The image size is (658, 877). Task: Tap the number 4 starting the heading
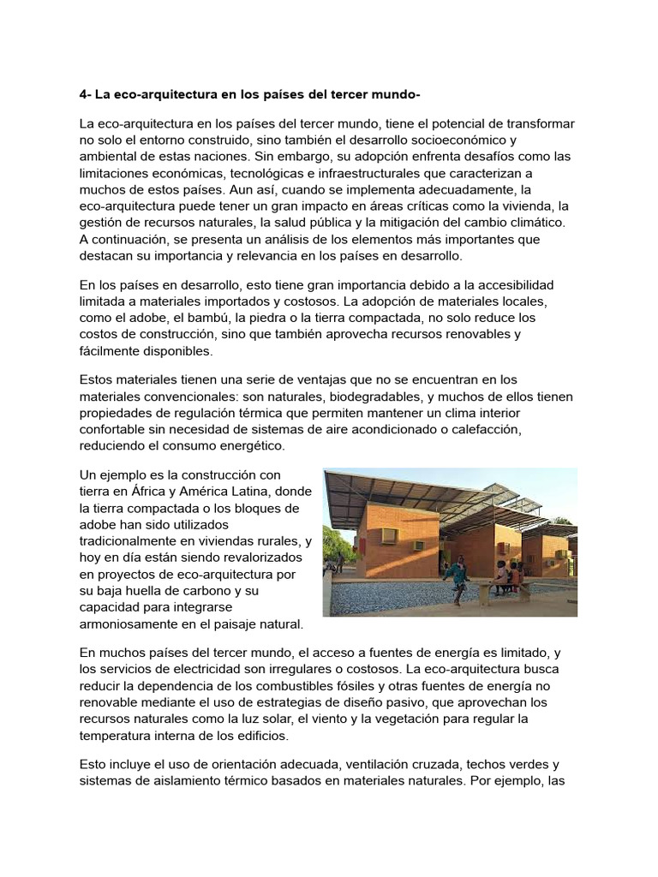pyautogui.click(x=83, y=92)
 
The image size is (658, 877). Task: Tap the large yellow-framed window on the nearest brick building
pyautogui.click(x=390, y=535)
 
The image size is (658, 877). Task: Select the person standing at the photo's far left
pyautogui.click(x=340, y=563)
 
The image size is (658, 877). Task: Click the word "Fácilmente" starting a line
pyautogui.click(x=117, y=351)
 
